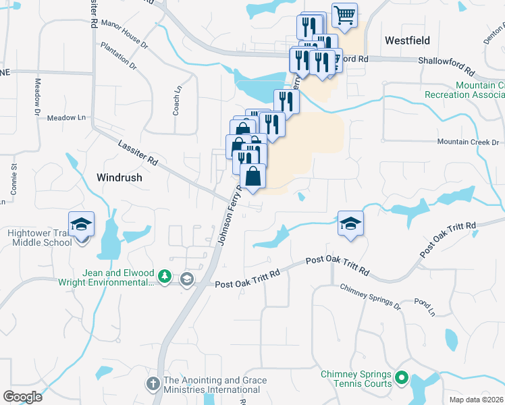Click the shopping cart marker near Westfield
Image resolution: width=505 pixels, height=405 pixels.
click(345, 16)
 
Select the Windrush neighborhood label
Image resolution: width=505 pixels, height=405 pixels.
click(120, 178)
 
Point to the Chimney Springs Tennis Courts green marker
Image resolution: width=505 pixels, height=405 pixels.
click(402, 378)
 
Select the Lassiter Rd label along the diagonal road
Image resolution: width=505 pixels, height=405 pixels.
click(138, 153)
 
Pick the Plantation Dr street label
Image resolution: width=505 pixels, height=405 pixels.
click(118, 57)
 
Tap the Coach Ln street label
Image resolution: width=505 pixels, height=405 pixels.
click(177, 100)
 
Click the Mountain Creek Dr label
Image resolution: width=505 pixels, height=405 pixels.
click(467, 142)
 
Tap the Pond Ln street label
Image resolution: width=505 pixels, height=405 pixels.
click(425, 308)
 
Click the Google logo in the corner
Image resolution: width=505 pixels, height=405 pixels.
click(22, 396)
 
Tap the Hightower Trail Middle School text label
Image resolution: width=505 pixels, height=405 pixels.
click(39, 238)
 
